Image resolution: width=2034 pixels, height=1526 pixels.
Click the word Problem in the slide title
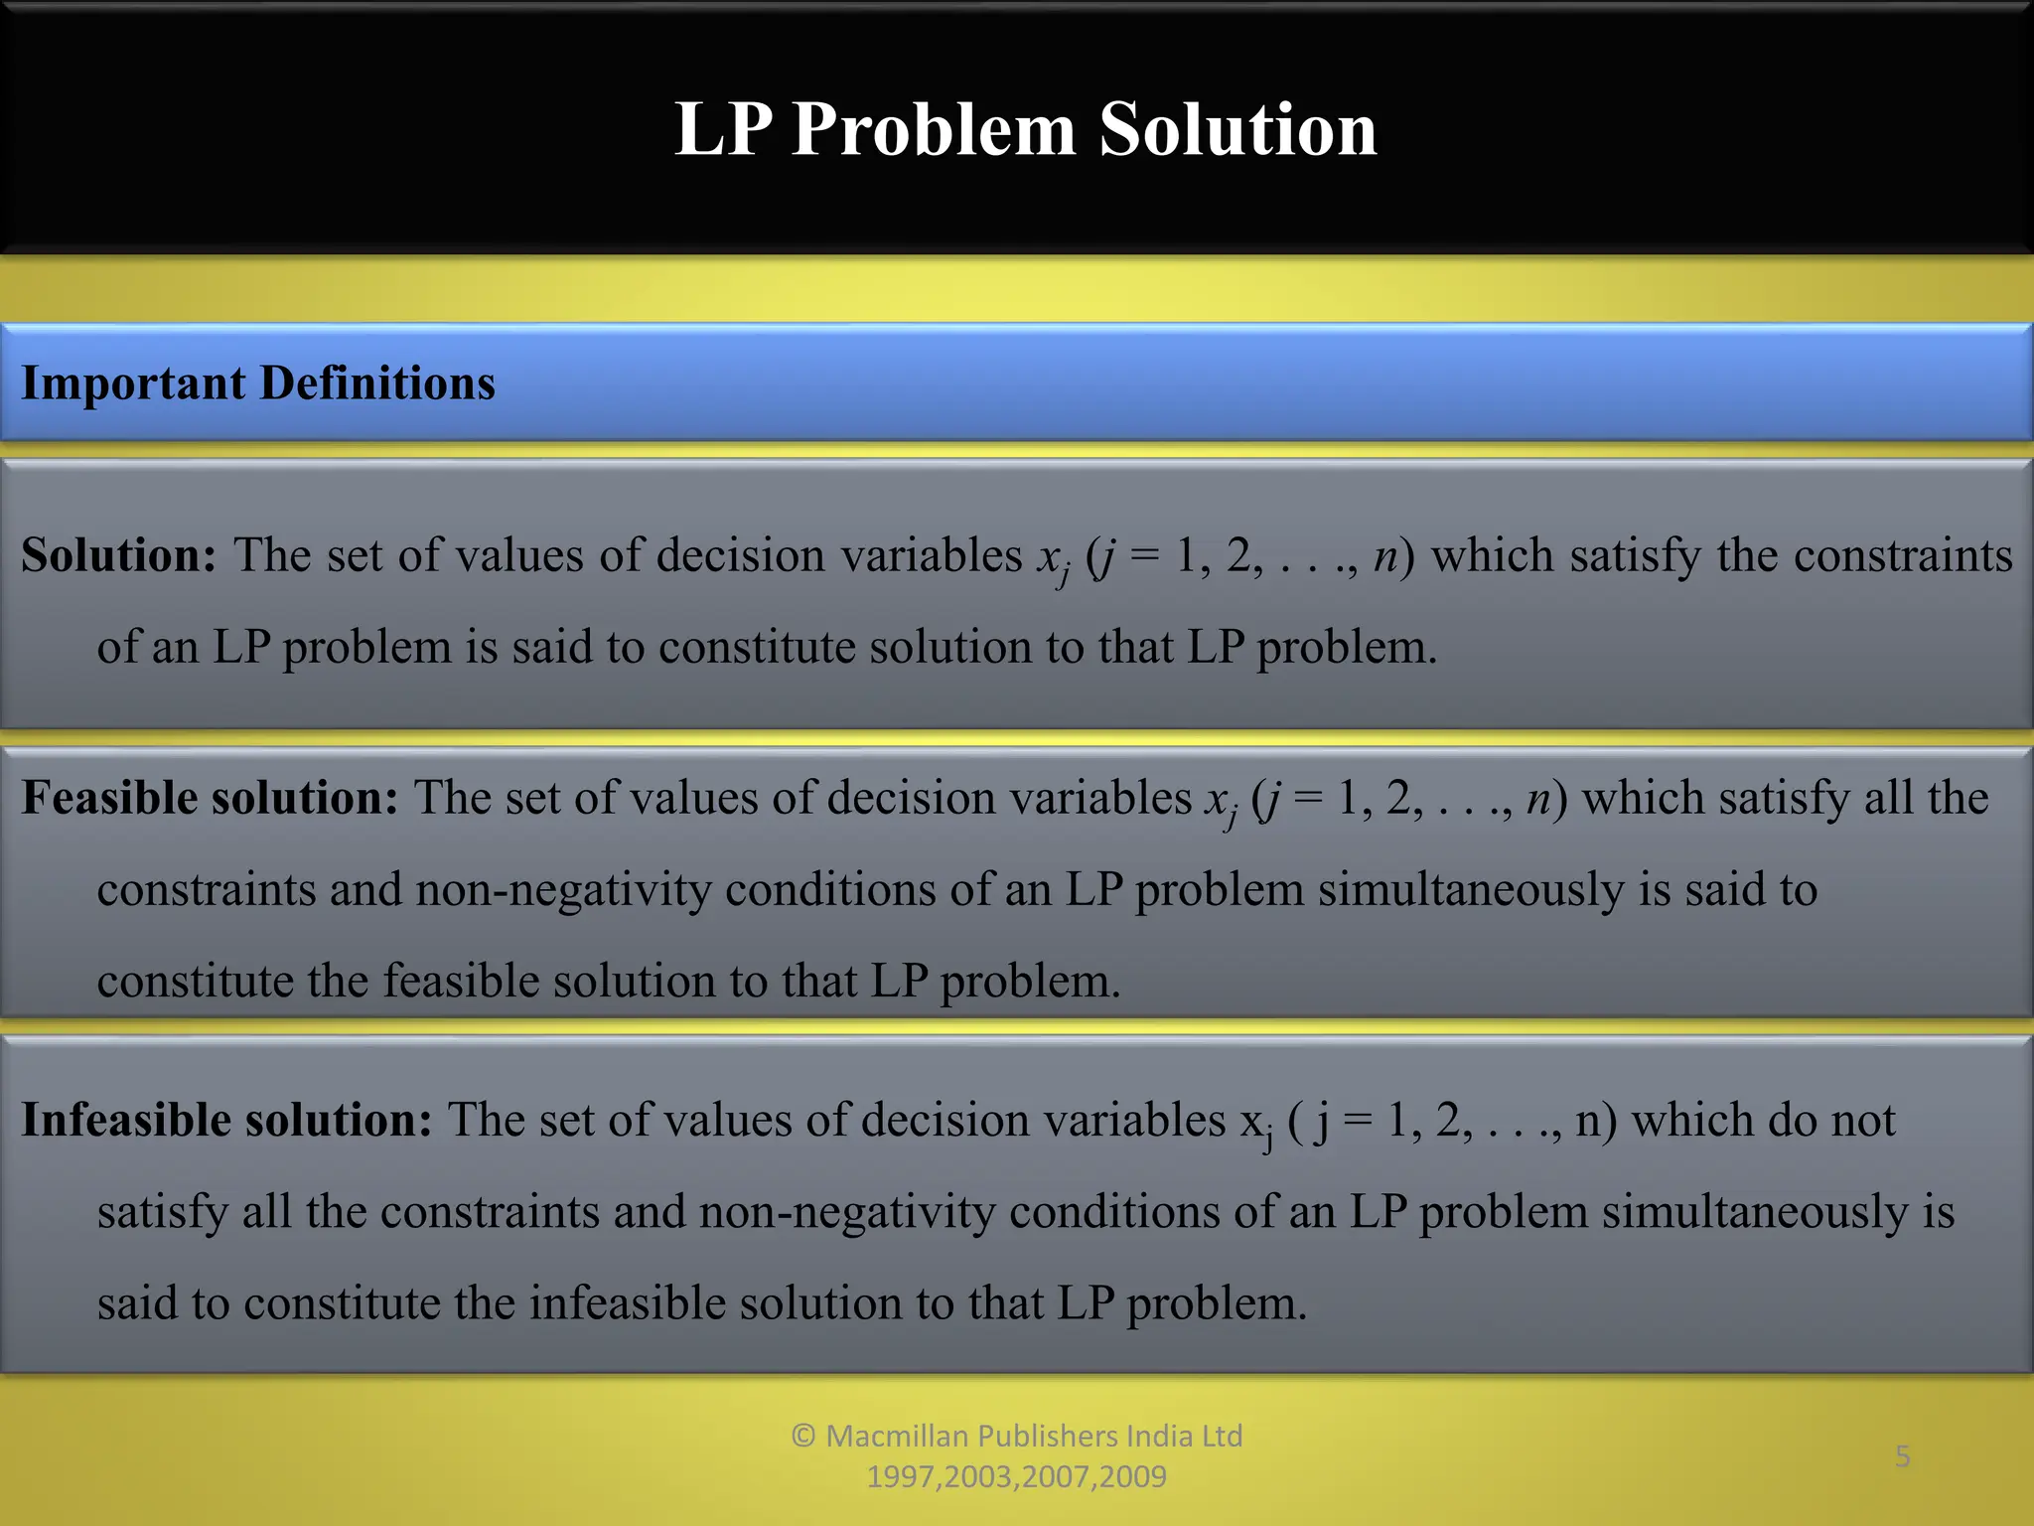click(x=934, y=130)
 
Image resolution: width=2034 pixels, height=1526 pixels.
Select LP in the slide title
click(x=722, y=130)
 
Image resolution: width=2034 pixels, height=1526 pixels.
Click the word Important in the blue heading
click(x=133, y=383)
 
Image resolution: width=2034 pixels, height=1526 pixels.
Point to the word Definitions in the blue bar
click(x=377, y=383)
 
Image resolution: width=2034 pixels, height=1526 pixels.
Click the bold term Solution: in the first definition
click(x=118, y=555)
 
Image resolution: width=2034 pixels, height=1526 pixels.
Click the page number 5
click(x=1902, y=1456)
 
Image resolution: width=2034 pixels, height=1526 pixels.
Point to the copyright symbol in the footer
click(x=803, y=1436)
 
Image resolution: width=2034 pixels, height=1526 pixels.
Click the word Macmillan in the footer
click(x=897, y=1436)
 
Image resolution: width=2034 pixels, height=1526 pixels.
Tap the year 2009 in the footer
click(x=1133, y=1477)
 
